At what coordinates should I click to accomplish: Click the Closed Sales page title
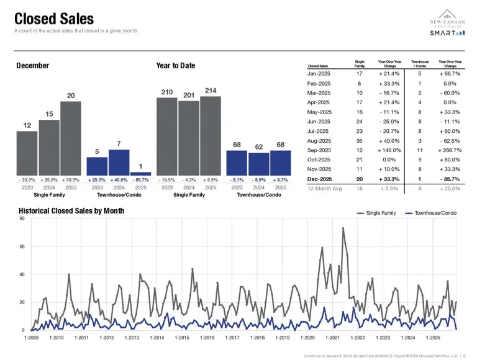coord(54,19)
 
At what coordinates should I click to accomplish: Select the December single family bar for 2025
coord(71,137)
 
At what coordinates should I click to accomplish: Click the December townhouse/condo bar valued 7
coord(119,162)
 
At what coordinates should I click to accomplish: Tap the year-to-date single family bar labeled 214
coord(211,135)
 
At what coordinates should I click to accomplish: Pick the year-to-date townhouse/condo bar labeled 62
coord(259,163)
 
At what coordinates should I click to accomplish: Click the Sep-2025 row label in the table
coord(320,150)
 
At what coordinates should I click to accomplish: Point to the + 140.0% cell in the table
coord(389,150)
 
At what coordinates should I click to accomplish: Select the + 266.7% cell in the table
coord(450,150)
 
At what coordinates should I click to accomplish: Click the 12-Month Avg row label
coord(325,188)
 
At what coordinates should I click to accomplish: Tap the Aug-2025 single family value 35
coord(360,140)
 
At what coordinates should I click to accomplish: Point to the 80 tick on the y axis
coord(21,218)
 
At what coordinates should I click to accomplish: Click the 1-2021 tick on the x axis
coord(332,338)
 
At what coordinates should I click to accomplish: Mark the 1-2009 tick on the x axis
coord(31,338)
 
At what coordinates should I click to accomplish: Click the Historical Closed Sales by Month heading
coord(71,211)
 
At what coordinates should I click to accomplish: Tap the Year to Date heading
coord(176,66)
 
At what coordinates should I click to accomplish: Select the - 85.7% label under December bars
coord(140,179)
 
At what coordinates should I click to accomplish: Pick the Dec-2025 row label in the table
coord(320,179)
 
